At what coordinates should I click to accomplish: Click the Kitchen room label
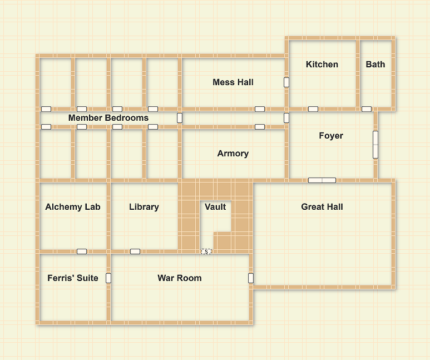coord(322,64)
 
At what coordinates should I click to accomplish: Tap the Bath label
coord(375,64)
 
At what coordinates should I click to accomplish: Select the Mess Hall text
coord(233,82)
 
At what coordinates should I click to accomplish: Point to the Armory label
coord(233,154)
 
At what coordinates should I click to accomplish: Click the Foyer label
coord(331,136)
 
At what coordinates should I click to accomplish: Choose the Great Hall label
coord(322,206)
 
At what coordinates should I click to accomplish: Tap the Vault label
coord(215,206)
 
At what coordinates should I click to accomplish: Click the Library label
coord(144,206)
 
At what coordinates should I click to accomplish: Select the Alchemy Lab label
coord(73,206)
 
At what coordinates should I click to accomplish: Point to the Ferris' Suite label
coord(73,278)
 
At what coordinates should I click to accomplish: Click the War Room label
coord(180,278)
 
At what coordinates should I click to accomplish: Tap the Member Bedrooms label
coord(108,118)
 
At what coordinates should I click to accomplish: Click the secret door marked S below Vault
coord(206,251)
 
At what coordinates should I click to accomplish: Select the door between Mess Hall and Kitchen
coord(286,82)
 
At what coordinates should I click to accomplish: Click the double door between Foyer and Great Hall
coord(322,180)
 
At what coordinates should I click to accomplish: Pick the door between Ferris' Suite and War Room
coord(108,278)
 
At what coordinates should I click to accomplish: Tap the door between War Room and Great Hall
coord(251,278)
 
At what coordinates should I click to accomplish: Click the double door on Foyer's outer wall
coord(375,145)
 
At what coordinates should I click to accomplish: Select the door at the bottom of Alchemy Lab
coord(82,251)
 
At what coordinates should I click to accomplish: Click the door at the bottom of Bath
coord(367,109)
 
